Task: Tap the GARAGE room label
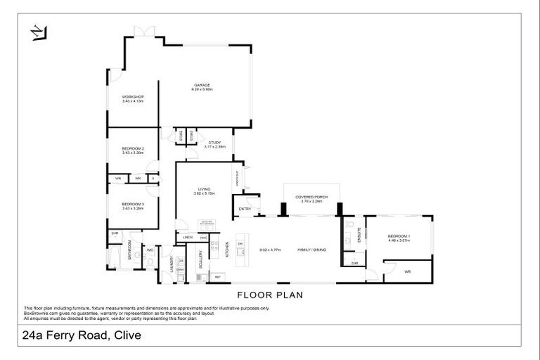(x=202, y=86)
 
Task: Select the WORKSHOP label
(x=132, y=98)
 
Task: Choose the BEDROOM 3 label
(x=132, y=205)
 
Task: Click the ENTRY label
(x=245, y=209)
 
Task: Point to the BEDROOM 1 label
(x=399, y=236)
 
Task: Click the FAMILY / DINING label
(x=313, y=250)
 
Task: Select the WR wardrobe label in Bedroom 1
(x=407, y=271)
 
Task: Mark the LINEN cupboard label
(x=187, y=238)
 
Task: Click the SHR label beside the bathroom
(x=114, y=233)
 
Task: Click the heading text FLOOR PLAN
(x=269, y=295)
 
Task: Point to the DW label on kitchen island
(x=241, y=244)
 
